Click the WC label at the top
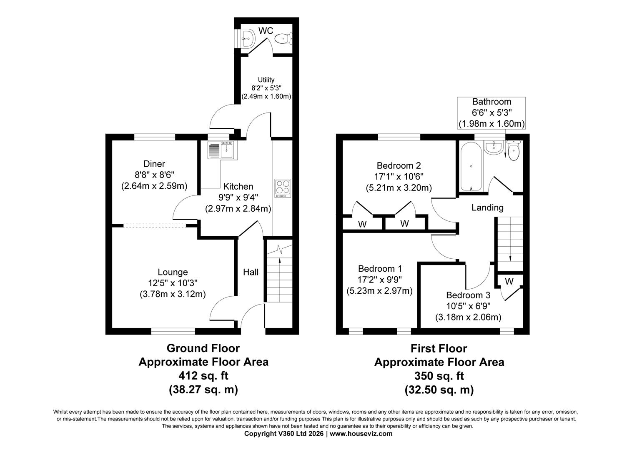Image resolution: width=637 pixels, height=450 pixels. coord(266,31)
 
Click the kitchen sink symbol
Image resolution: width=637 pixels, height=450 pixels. coord(222,150)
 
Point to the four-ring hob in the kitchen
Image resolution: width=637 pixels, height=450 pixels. coord(282,188)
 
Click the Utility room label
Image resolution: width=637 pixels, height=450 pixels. coord(266,80)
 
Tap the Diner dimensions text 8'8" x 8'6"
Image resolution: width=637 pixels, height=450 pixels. coord(154,175)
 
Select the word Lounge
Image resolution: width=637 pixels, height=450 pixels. coord(173,272)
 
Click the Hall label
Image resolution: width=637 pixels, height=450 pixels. coord(251,272)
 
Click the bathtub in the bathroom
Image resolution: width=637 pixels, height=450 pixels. coord(471,166)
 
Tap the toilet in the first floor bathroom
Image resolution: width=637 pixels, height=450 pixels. coord(514,152)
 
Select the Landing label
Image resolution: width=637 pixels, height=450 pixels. coord(487,207)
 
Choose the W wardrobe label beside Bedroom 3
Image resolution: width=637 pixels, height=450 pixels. coord(509,282)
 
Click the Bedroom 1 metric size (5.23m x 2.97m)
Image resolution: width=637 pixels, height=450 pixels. coord(379,291)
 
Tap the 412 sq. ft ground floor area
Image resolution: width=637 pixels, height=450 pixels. coord(203,376)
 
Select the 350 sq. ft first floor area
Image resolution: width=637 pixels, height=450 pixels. coord(439,376)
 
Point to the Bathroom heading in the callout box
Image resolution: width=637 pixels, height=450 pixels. coord(492,102)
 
